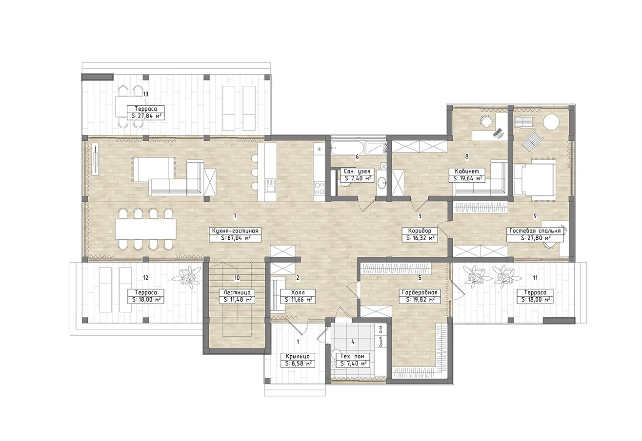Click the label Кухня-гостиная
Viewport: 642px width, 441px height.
(235, 231)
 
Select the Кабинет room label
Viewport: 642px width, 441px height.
(467, 171)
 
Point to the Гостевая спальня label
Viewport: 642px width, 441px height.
(535, 231)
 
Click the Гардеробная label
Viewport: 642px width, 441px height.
(420, 292)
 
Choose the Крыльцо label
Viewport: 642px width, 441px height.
(298, 357)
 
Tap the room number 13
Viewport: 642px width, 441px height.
(145, 94)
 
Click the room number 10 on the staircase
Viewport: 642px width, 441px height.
(237, 278)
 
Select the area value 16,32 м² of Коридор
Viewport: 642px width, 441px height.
(420, 238)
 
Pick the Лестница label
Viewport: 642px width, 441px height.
(237, 292)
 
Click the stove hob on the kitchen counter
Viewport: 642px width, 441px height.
(319, 188)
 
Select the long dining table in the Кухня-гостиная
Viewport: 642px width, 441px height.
(146, 229)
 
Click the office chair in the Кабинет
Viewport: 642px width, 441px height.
(486, 121)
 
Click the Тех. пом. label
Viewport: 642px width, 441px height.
(353, 357)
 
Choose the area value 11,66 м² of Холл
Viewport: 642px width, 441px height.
(298, 300)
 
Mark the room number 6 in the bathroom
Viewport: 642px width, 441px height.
(357, 156)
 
